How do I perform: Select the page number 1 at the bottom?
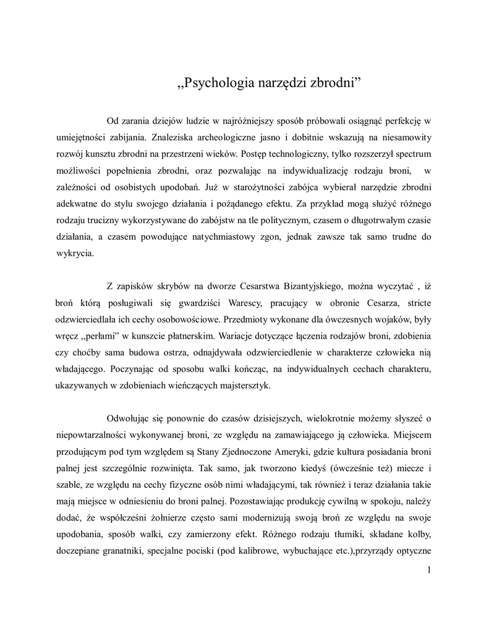pos(428,569)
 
